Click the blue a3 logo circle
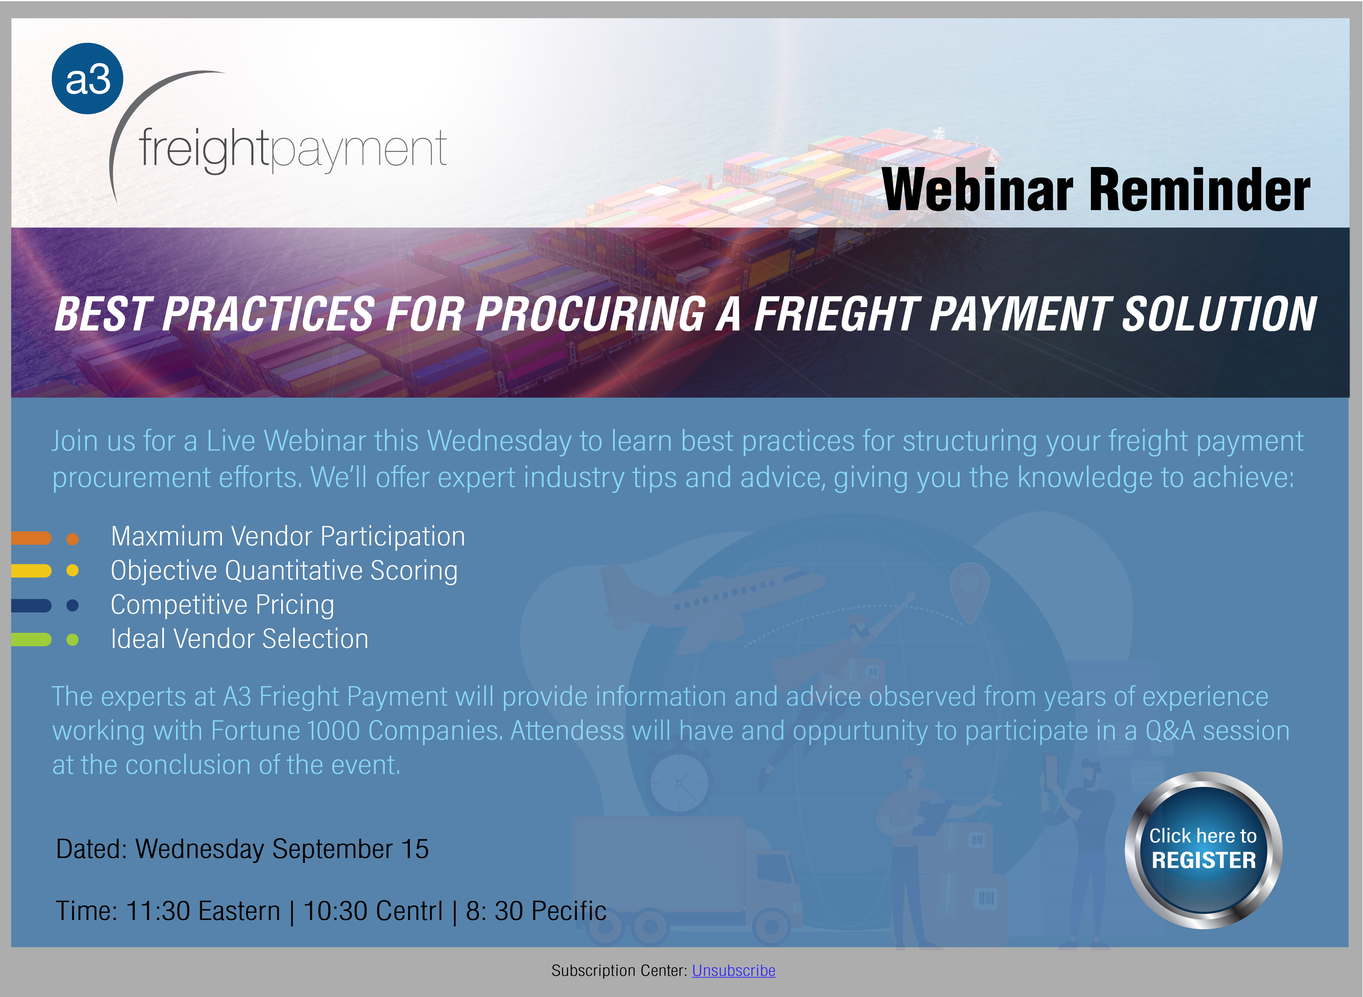point(88,78)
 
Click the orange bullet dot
point(73,539)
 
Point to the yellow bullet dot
point(73,570)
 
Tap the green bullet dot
point(73,640)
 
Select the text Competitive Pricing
point(222,605)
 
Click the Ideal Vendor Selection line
point(239,639)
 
